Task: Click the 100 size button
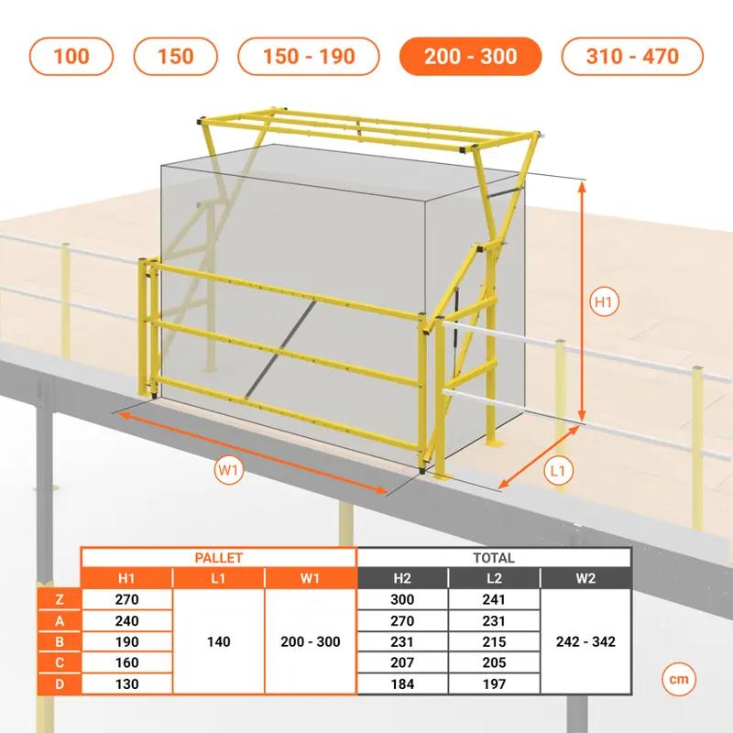71,57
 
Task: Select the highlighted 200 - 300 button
470,57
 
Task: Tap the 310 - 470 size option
632,57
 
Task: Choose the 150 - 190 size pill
309,57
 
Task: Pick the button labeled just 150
175,57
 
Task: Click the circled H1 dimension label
604,302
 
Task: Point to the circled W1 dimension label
228,470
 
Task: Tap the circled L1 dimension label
559,471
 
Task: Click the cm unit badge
679,679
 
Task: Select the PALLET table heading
219,558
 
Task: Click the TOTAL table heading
494,558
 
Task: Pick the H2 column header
402,578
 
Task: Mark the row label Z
60,599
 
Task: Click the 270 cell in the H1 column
126,599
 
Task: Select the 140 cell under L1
218,641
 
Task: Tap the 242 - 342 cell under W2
585,641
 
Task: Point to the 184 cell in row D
402,684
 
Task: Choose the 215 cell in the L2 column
494,641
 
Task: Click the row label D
60,684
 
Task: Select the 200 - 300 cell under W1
311,641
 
